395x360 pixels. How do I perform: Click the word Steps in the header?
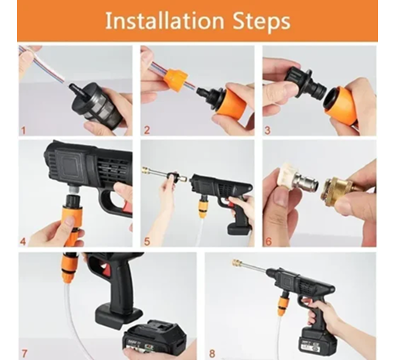(259, 21)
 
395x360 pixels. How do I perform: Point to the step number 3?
(267, 129)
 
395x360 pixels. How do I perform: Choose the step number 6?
(267, 241)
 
